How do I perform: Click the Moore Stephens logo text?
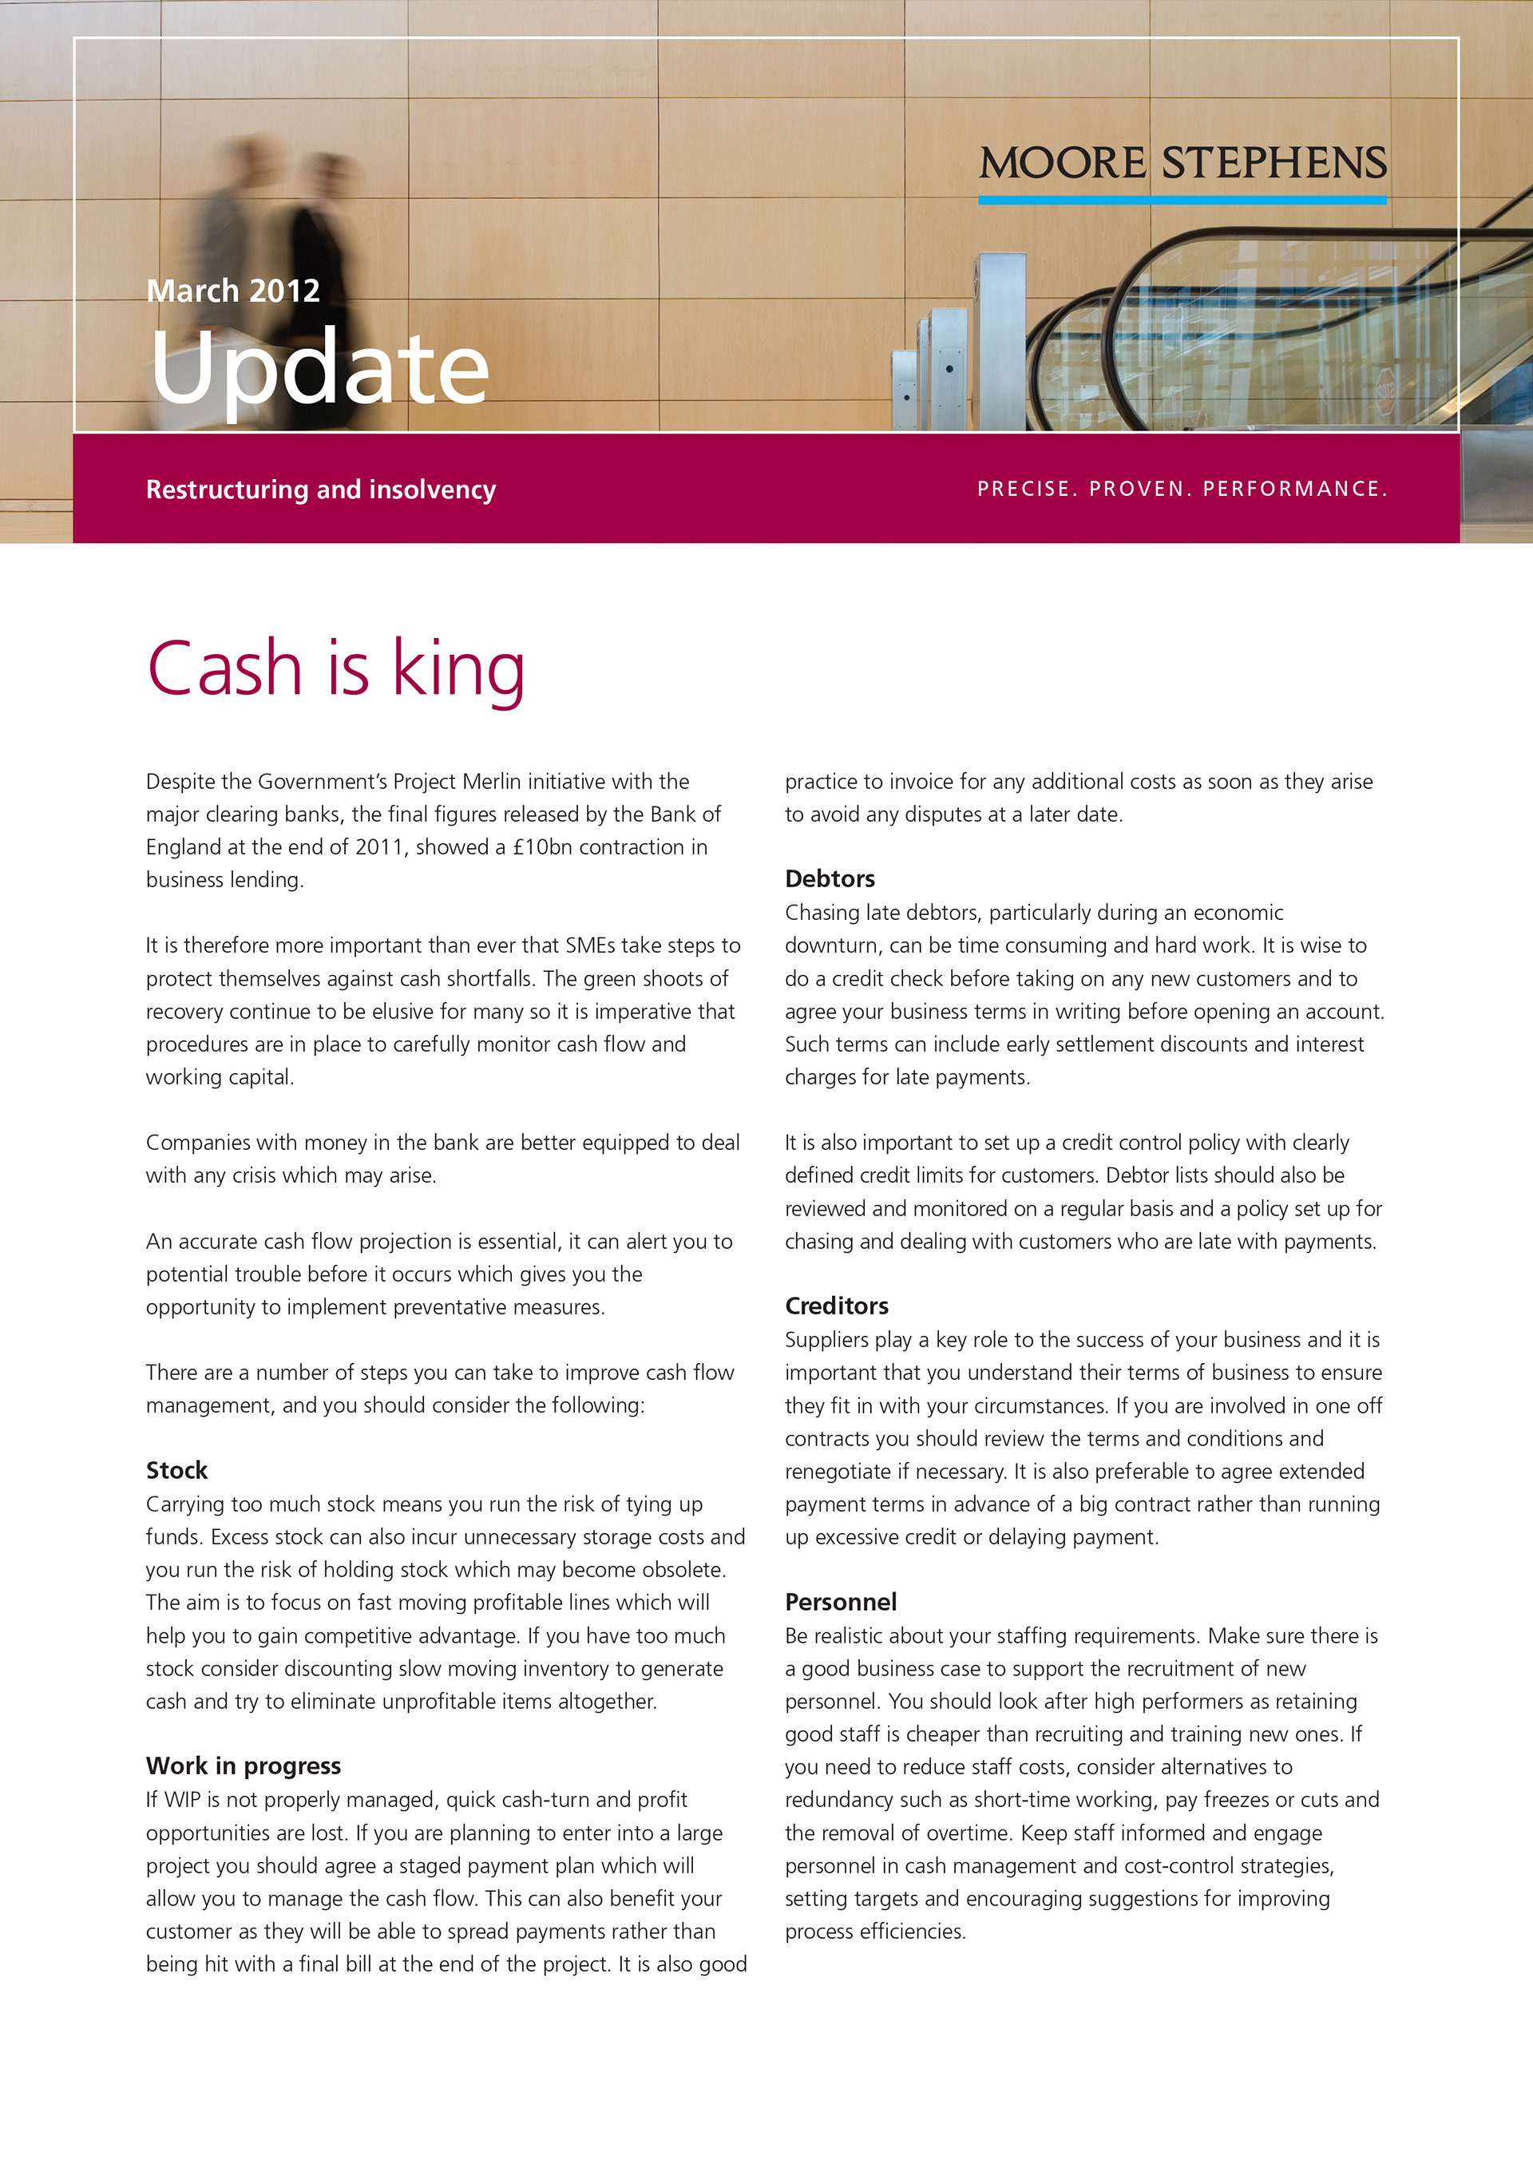(x=1182, y=164)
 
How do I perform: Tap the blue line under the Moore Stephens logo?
(x=1182, y=200)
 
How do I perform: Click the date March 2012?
(x=233, y=291)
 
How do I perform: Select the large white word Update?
(x=319, y=368)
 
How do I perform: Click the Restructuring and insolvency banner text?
(x=320, y=489)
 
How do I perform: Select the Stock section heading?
(x=176, y=1470)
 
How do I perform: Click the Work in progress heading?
(x=243, y=1766)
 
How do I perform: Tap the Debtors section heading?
(x=830, y=879)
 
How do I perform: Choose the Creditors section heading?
(x=836, y=1306)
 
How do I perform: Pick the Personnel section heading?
(x=840, y=1603)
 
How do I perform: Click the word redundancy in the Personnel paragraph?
(x=828, y=1800)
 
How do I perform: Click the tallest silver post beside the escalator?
(x=1000, y=340)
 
